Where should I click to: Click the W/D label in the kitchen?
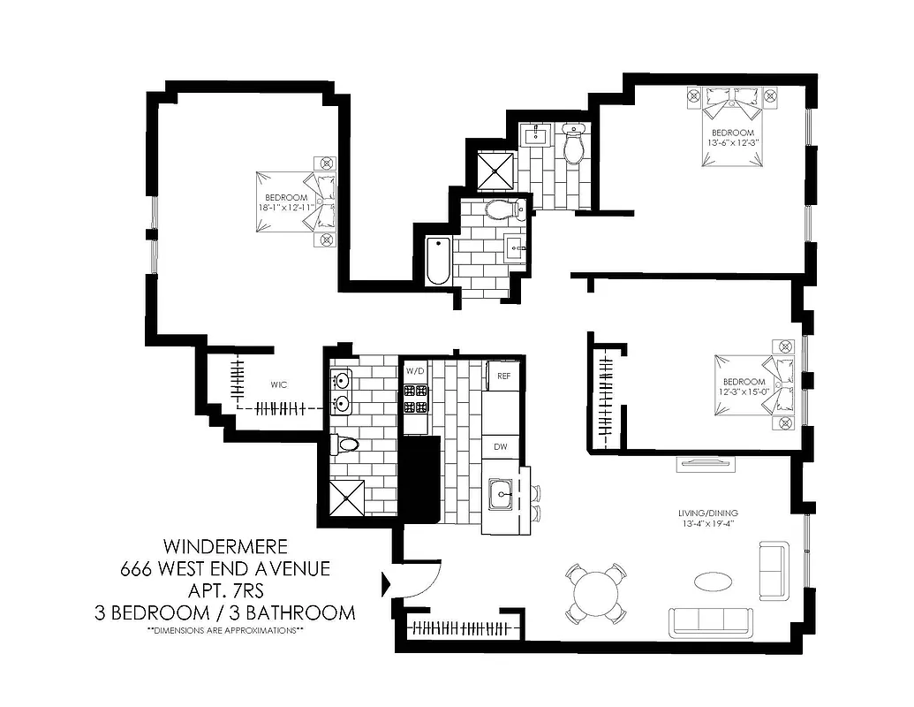[415, 370]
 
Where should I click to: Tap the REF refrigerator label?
[503, 376]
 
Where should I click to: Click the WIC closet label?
[280, 385]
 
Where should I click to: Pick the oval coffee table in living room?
[713, 582]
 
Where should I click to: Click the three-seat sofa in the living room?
[711, 621]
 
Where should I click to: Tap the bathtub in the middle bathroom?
[438, 262]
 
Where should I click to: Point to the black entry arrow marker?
[385, 584]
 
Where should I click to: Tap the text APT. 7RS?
[225, 589]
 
